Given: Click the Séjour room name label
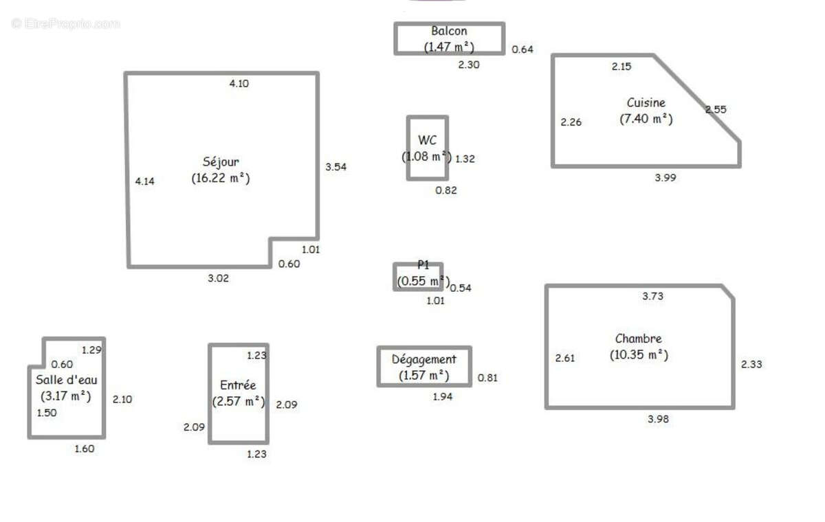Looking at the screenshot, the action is (x=221, y=162).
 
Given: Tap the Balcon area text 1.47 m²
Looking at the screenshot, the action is (x=449, y=47).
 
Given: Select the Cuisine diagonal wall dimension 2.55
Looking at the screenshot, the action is (x=716, y=109).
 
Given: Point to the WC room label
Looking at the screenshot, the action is (x=427, y=140).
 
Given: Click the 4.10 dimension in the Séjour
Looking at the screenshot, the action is (x=239, y=84).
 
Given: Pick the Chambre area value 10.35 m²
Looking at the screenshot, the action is (x=639, y=355).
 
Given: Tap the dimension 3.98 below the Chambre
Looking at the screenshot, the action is (x=658, y=419).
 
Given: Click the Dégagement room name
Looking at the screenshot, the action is (x=423, y=359).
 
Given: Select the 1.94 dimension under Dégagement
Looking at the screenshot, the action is (x=442, y=396).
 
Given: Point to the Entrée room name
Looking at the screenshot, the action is (x=238, y=385).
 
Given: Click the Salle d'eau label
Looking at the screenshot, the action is (x=66, y=380).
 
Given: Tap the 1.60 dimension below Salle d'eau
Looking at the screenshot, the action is (x=85, y=449).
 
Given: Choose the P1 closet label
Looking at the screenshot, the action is (x=423, y=265).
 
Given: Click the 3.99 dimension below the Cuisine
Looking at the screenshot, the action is (x=665, y=178).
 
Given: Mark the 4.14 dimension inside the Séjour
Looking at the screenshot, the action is (x=145, y=181).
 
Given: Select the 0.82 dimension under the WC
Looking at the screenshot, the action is (x=446, y=190).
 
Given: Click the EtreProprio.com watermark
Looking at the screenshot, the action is (x=65, y=23).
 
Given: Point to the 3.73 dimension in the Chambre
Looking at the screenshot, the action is (x=652, y=296).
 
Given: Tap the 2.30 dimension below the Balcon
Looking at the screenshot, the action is (x=468, y=65).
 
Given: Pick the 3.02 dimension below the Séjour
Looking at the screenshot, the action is (x=218, y=278).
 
